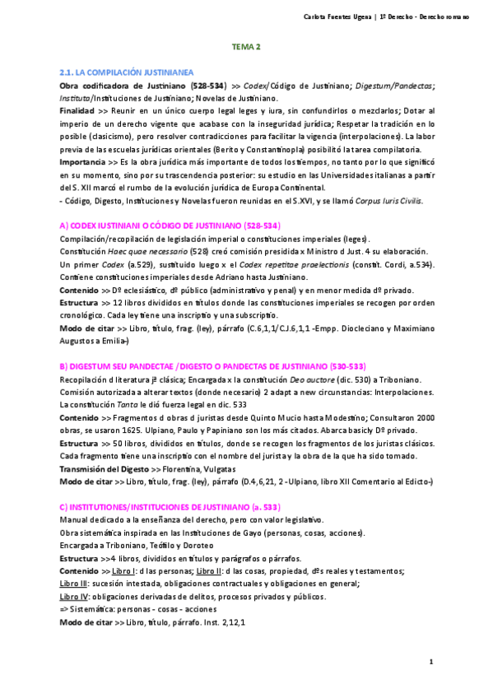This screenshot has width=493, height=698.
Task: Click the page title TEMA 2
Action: (246, 48)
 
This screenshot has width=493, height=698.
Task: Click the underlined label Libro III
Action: (75, 582)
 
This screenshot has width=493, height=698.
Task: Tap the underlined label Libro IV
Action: (75, 596)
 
